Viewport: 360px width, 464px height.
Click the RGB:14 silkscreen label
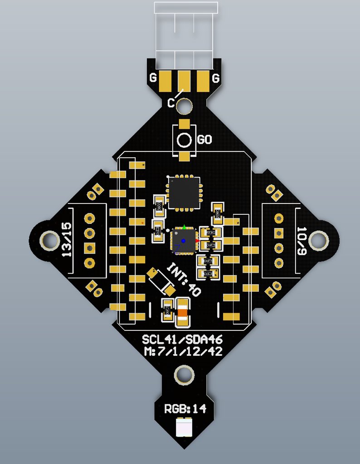click(x=185, y=409)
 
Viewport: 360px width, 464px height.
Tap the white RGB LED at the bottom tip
click(x=184, y=427)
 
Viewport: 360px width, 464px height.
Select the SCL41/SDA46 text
click(x=182, y=340)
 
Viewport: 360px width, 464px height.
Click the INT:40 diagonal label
click(x=184, y=279)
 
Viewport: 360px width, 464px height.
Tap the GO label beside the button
click(x=204, y=140)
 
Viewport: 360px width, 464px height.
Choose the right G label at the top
click(x=216, y=79)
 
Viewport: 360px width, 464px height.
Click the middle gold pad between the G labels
click(x=184, y=81)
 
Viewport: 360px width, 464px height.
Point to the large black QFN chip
click(x=184, y=193)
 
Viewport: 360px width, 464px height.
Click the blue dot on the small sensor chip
click(x=184, y=241)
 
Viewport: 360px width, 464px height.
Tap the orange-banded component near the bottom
click(x=183, y=312)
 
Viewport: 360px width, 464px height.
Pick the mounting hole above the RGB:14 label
click(x=184, y=375)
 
